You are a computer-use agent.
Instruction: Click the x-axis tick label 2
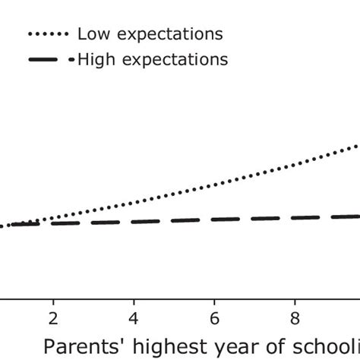[54, 317]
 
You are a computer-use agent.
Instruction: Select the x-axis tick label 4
[134, 317]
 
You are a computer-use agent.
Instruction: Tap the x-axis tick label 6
[215, 317]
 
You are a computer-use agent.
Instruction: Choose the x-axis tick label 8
[295, 317]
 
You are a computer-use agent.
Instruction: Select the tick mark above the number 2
[54, 300]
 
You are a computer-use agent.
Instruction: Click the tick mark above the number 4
[134, 300]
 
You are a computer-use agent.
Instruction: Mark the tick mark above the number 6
[215, 300]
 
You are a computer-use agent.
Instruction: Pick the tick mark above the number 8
[295, 300]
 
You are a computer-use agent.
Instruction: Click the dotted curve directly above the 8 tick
[295, 165]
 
